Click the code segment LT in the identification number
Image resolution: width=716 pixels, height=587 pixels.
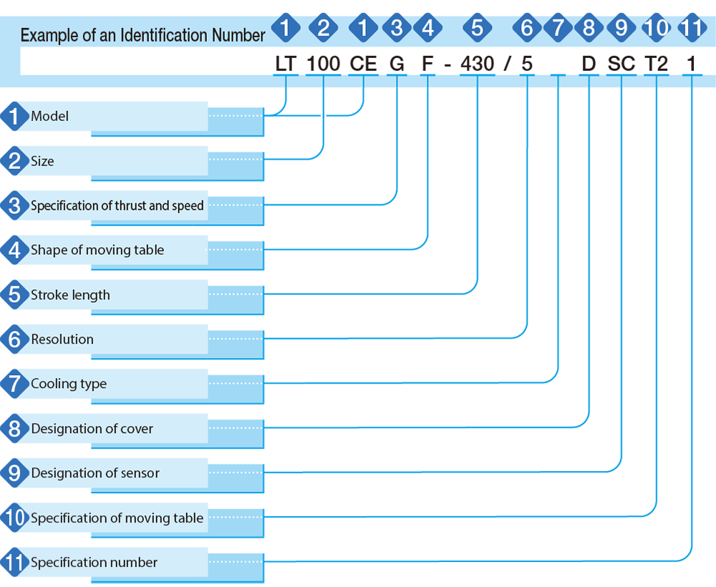coord(286,64)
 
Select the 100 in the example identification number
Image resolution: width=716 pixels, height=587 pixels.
coord(324,64)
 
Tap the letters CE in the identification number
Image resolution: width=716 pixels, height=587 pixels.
coord(364,64)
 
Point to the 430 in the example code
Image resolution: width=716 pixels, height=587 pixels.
coord(477,64)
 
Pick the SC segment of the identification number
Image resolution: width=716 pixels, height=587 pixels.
coord(621,64)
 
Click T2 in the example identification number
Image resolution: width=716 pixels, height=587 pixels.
coord(656,64)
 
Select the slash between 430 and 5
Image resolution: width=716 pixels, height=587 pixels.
coord(508,64)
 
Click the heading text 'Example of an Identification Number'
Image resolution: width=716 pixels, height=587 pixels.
coord(142,35)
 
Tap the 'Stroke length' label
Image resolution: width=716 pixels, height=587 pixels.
coord(70,295)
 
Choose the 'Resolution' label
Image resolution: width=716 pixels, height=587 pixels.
coord(62,339)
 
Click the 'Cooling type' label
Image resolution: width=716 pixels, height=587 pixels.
coord(69,384)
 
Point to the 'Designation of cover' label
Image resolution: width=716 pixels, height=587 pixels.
coord(92,429)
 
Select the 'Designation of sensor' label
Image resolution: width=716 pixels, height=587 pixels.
coord(95,473)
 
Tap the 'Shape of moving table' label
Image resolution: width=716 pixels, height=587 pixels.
coord(97,250)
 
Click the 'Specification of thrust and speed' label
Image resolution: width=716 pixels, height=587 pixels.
coord(117,206)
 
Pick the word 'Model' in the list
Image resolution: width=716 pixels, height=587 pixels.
coord(50,117)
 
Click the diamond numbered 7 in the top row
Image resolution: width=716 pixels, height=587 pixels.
coord(558,28)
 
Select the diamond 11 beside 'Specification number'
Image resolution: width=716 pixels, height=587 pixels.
coord(14,562)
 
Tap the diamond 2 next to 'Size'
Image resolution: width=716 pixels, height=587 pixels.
coord(14,160)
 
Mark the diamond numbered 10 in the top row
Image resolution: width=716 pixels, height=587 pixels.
coord(656,28)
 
